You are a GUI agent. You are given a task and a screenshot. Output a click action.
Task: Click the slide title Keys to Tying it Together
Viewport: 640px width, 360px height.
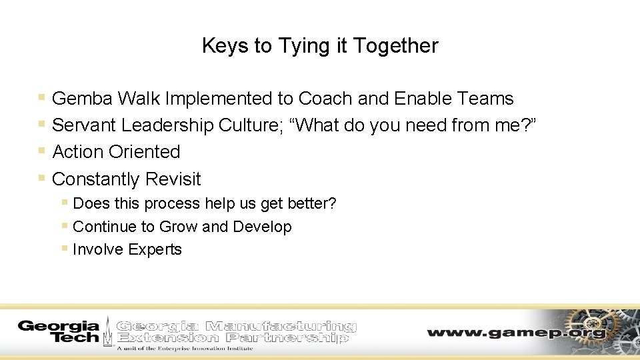[320, 46]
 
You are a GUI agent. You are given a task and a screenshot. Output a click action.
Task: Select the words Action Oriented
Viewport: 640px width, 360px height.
[116, 152]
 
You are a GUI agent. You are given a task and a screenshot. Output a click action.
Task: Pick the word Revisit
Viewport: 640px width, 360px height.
[173, 179]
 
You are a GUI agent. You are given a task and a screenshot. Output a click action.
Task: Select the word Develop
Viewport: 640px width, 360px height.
[262, 227]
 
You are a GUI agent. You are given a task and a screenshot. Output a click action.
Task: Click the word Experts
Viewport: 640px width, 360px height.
[155, 249]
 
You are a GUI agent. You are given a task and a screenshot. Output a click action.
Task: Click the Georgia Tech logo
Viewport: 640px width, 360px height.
[59, 331]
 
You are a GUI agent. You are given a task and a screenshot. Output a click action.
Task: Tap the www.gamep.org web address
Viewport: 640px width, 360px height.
[517, 332]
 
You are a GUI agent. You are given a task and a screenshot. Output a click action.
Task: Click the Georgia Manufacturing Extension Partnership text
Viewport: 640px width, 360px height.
[237, 331]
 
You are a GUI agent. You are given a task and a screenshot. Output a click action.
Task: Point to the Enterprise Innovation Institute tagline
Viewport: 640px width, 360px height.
[185, 348]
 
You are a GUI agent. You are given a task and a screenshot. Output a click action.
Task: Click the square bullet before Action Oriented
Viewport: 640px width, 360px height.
[42, 151]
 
